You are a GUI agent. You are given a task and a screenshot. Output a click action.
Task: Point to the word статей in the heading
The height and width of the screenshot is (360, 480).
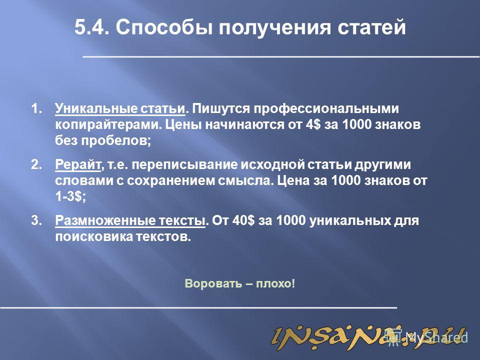[x=372, y=27]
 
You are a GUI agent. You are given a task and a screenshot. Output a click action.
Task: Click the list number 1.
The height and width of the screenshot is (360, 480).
[x=36, y=108]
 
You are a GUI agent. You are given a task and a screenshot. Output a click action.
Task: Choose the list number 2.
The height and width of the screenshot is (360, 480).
[x=36, y=164]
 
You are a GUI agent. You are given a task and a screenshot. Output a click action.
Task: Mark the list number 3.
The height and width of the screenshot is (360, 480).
[x=36, y=220]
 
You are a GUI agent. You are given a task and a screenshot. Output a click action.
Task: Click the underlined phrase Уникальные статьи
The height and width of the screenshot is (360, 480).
[x=120, y=109]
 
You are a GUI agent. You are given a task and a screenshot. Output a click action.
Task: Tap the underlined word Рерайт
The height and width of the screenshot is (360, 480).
[x=78, y=165]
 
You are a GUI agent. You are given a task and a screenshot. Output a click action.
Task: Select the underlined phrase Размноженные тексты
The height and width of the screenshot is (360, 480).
[x=130, y=221]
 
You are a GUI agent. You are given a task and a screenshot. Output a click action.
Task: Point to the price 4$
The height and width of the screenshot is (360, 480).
[x=313, y=125]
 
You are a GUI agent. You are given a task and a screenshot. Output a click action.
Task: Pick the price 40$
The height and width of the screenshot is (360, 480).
[x=243, y=220]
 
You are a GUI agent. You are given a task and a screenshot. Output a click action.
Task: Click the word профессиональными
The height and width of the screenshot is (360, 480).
[x=295, y=109]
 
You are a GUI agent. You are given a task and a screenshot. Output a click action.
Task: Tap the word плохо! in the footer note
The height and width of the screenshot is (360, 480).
[x=275, y=284]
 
